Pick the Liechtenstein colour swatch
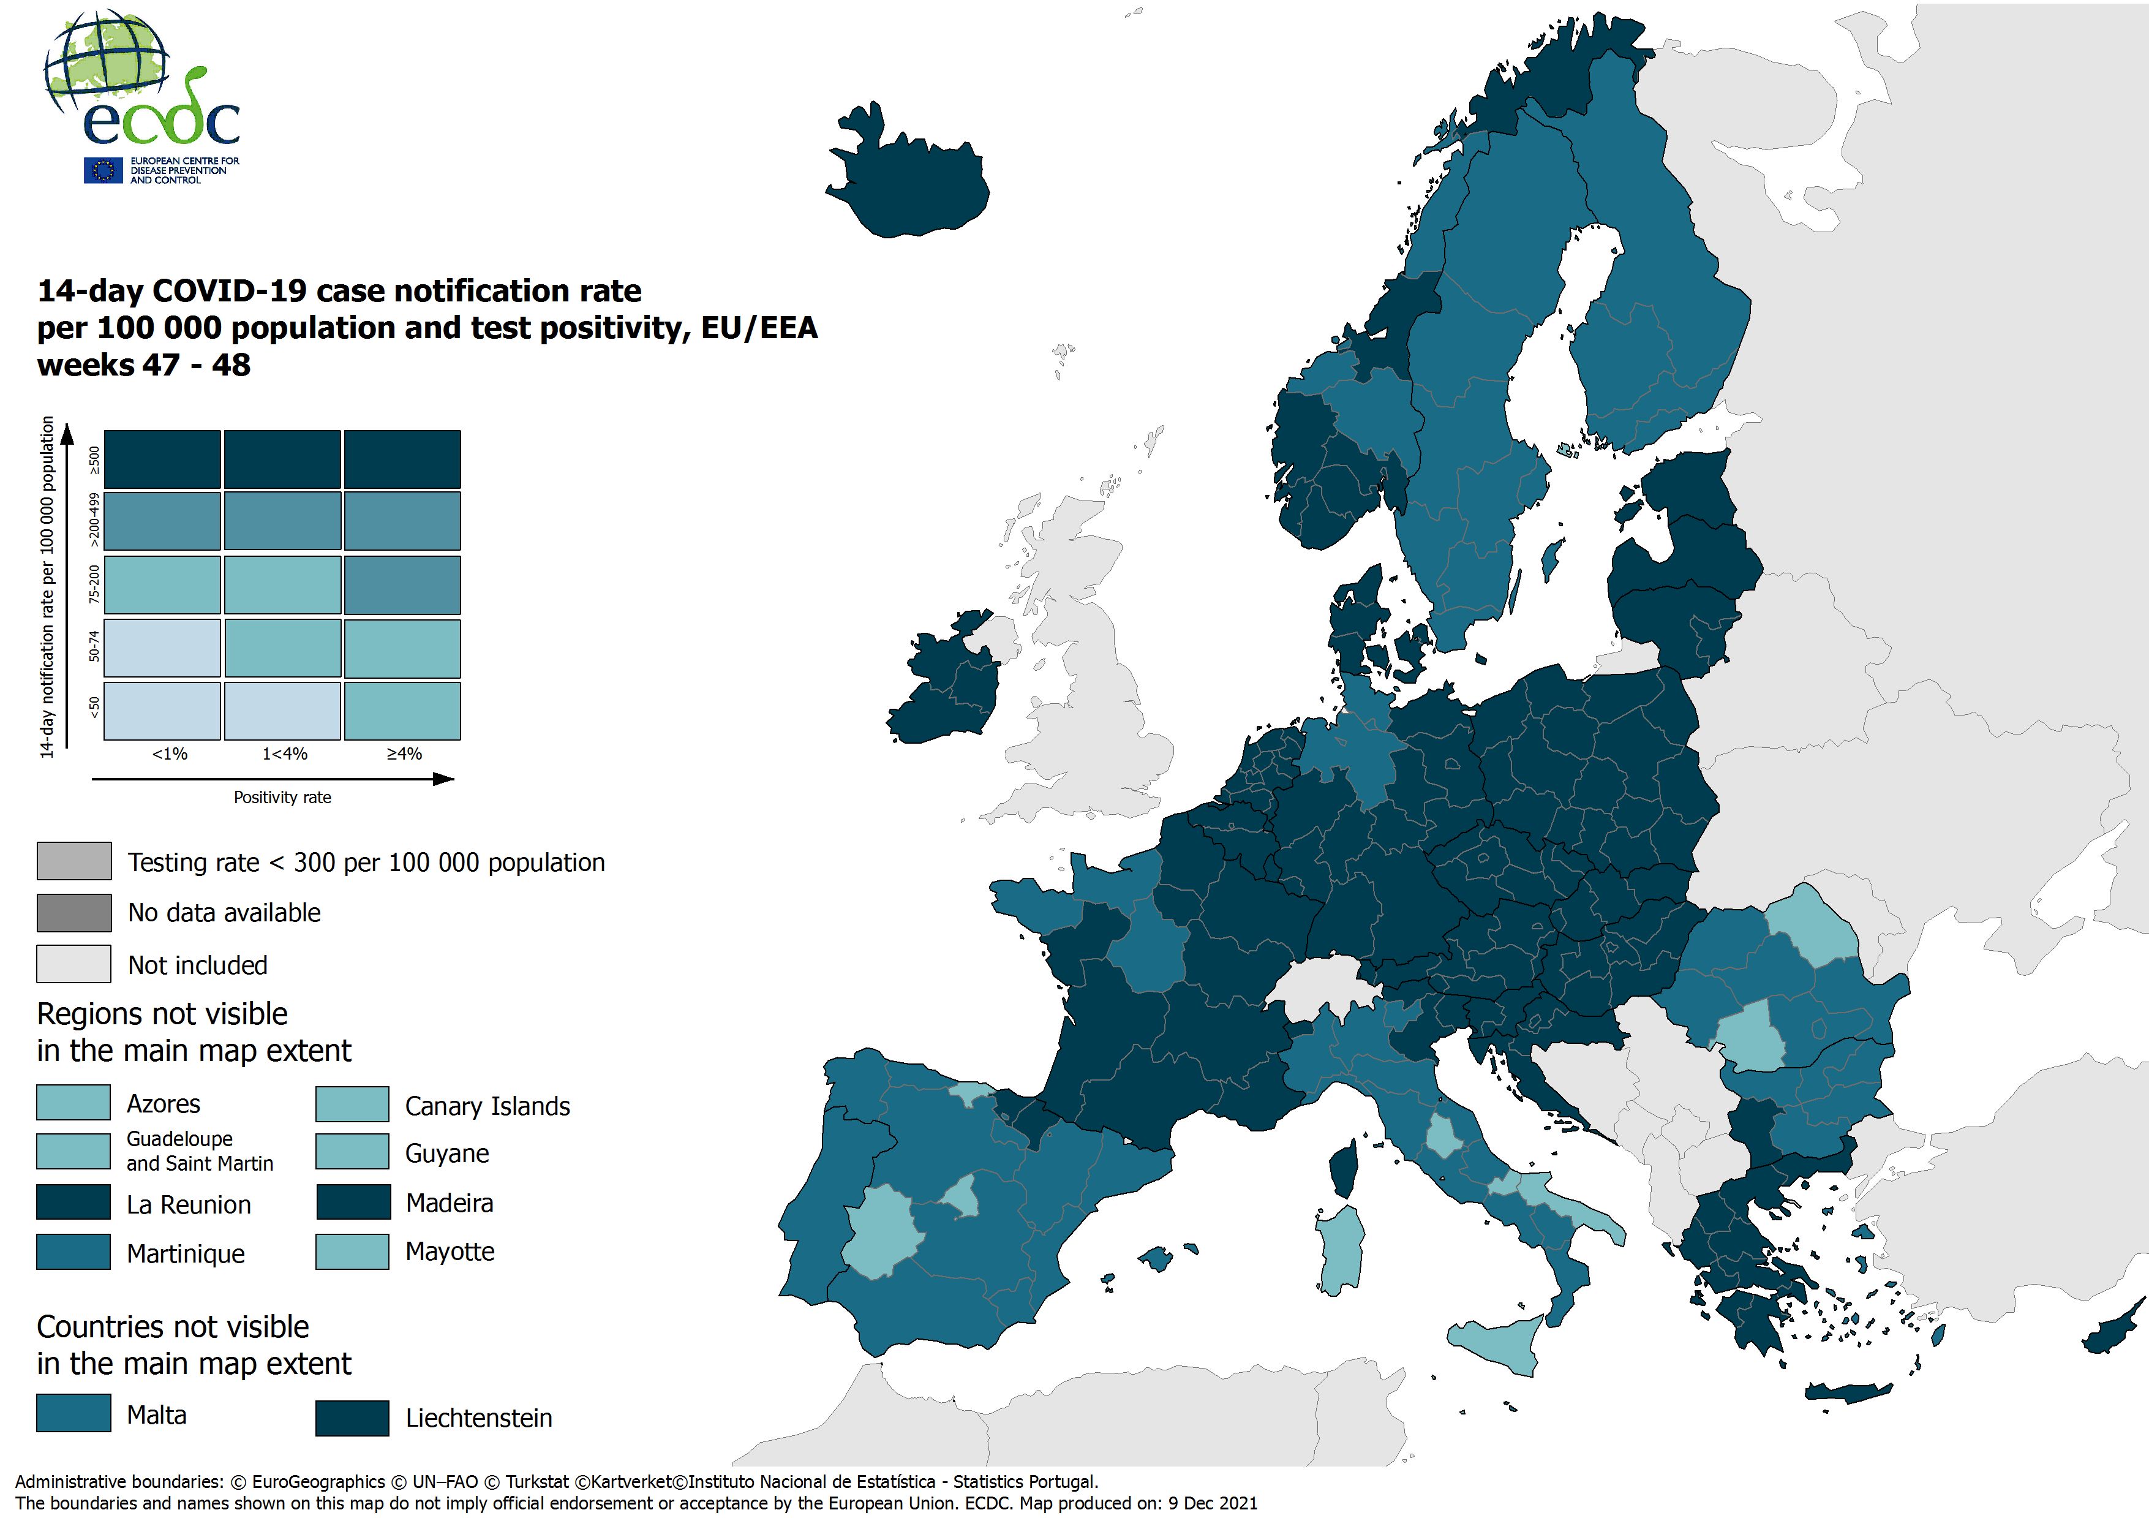click(352, 1417)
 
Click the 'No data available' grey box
click(74, 912)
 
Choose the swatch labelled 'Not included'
click(74, 964)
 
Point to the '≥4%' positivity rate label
click(404, 754)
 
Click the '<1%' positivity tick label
click(170, 754)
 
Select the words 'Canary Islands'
click(487, 1106)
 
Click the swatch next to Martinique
click(73, 1252)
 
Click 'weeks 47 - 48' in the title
click(144, 364)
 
